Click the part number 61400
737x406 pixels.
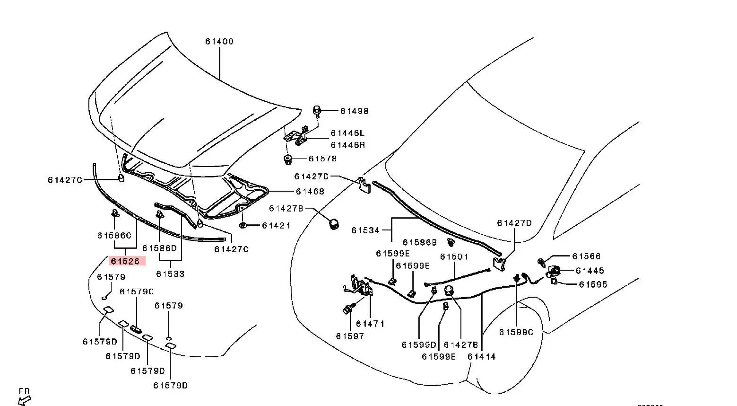pyautogui.click(x=219, y=42)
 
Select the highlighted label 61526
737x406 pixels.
pyautogui.click(x=125, y=261)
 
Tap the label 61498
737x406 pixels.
pyautogui.click(x=354, y=111)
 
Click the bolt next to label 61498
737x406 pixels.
pyautogui.click(x=317, y=112)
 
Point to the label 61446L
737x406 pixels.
pyautogui.click(x=347, y=133)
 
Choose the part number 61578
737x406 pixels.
pyautogui.click(x=322, y=159)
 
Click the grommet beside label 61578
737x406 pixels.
pyautogui.click(x=287, y=159)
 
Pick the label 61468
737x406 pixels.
pyautogui.click(x=310, y=192)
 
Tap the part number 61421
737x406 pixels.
pyautogui.click(x=277, y=226)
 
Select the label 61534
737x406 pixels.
pyautogui.click(x=365, y=230)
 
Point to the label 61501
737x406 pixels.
pyautogui.click(x=454, y=257)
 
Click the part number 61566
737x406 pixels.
pyautogui.click(x=586, y=256)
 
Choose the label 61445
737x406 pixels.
pyautogui.click(x=590, y=271)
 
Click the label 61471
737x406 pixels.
pyautogui.click(x=370, y=324)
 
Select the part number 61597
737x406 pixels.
pyautogui.click(x=350, y=336)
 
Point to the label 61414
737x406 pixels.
pyautogui.click(x=482, y=357)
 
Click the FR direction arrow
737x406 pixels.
pyautogui.click(x=24, y=400)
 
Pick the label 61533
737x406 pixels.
pyautogui.click(x=170, y=274)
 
